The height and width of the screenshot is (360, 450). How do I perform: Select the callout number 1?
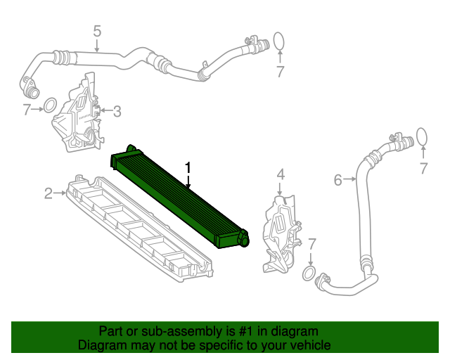coord(188,167)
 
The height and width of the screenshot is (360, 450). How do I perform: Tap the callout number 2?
coord(49,193)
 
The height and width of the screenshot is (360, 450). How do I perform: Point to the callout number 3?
coord(117,110)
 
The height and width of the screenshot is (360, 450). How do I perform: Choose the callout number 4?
coord(280,174)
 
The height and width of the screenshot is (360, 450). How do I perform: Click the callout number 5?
coord(97,30)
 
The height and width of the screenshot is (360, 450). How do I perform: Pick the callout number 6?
coord(338,180)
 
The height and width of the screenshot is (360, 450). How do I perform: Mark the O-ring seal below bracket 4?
coord(308,273)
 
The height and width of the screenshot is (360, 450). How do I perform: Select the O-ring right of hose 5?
coord(279,41)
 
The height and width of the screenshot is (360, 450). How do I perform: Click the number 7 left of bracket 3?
coord(26,109)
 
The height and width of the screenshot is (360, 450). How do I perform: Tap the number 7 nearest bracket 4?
coord(312,244)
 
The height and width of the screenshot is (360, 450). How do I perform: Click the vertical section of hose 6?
coord(364,211)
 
